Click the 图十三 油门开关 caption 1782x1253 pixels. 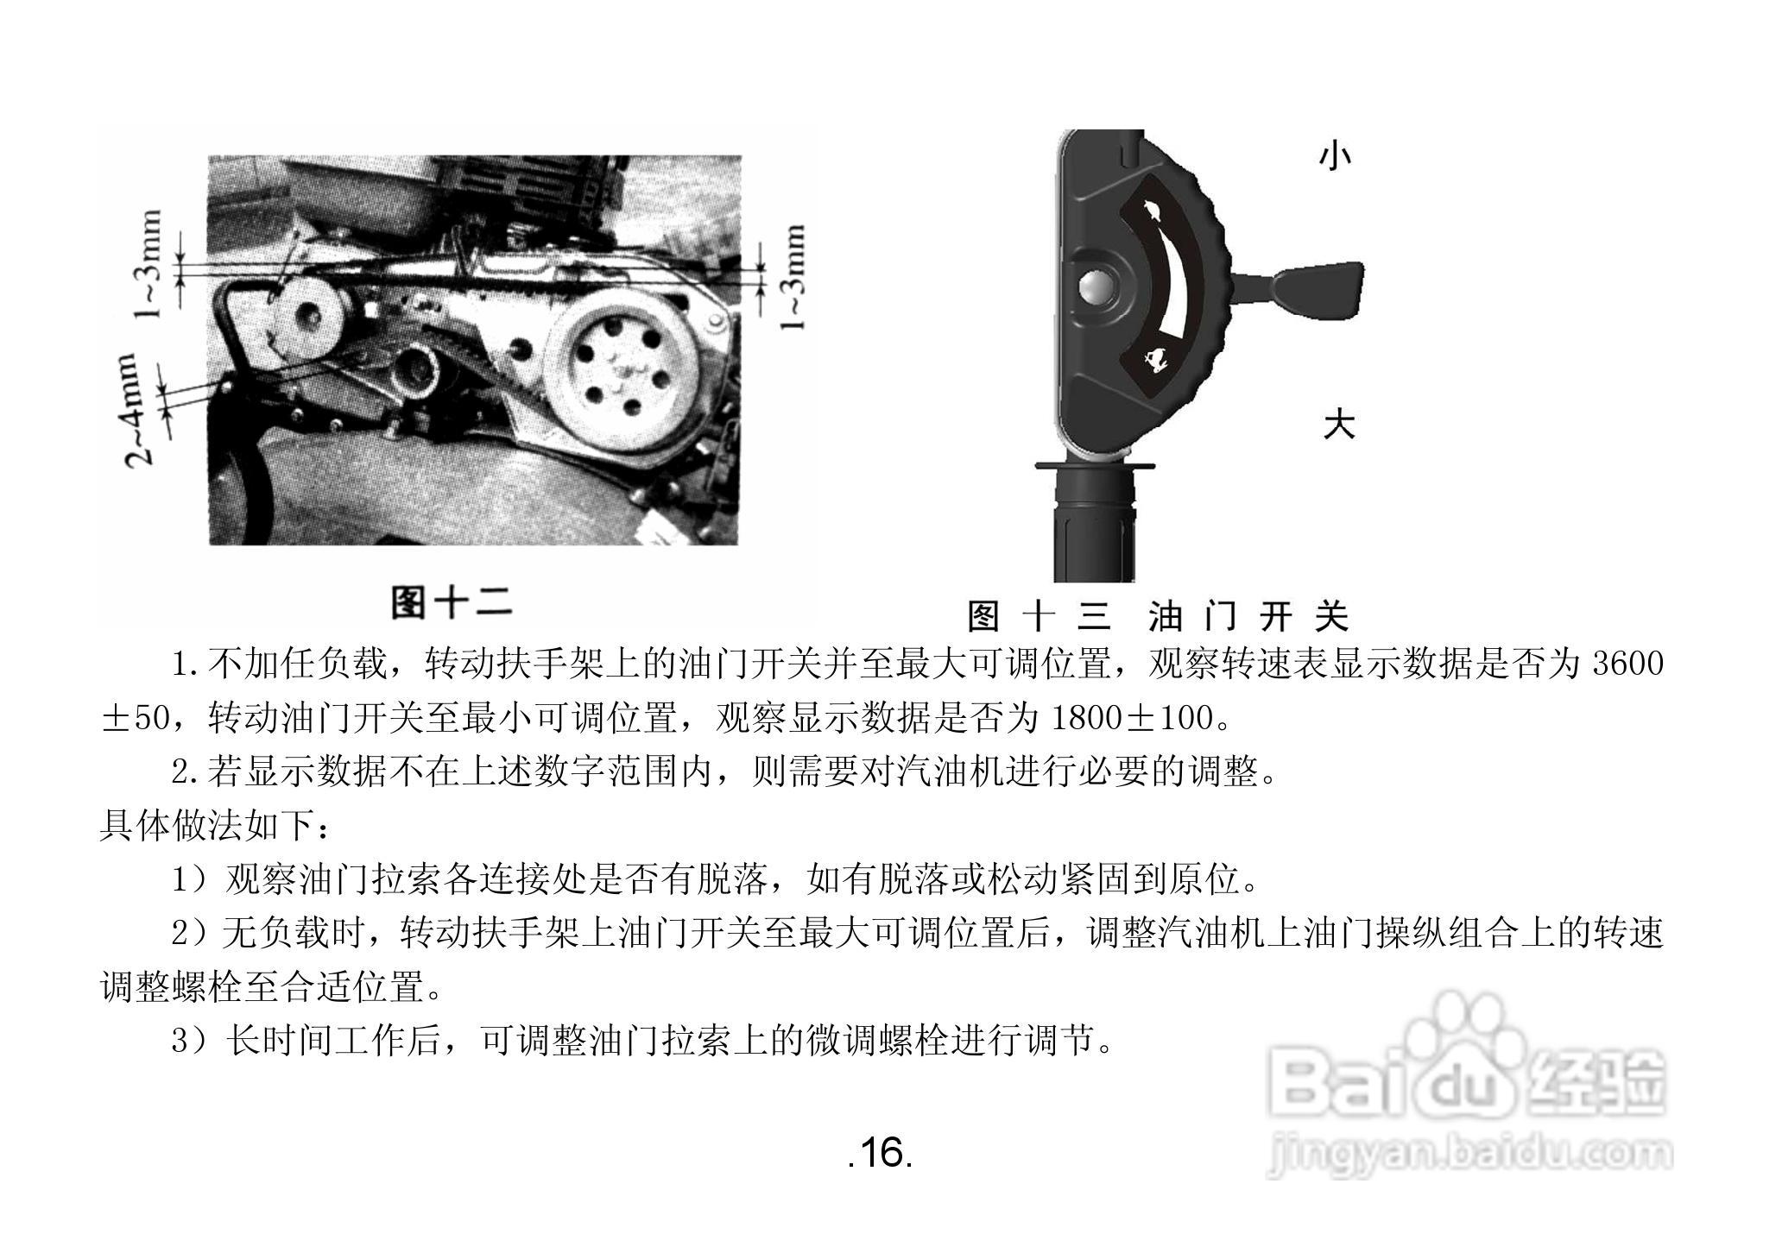coord(1158,616)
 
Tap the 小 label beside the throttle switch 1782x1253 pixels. coord(1335,155)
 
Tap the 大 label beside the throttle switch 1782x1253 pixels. coord(1339,424)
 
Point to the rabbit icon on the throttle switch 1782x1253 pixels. coord(1151,209)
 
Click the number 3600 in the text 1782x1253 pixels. coord(1627,663)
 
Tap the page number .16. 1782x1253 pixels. coord(880,1152)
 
